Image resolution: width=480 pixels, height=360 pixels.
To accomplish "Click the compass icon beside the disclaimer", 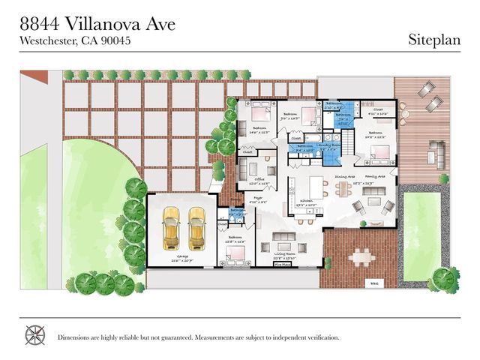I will pyautogui.click(x=35, y=335).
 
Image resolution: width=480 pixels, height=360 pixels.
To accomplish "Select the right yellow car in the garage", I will pyautogui.click(x=196, y=227).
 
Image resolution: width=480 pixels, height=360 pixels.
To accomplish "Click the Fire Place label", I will pyautogui.click(x=282, y=265).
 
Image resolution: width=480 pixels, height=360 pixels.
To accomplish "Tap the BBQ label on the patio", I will pyautogui.click(x=374, y=283).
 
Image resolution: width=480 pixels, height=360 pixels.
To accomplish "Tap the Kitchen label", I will pyautogui.click(x=306, y=202).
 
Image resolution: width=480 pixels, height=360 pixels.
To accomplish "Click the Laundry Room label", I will pyautogui.click(x=328, y=145).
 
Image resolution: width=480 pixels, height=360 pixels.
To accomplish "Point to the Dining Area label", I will pyautogui.click(x=344, y=177).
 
